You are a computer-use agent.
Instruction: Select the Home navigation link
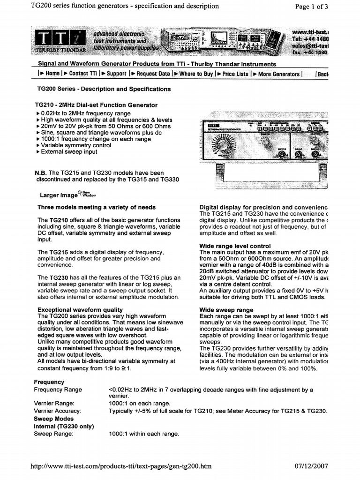(x=50, y=74)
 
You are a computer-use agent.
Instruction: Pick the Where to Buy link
(x=195, y=74)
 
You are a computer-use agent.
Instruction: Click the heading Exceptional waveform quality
(x=80, y=309)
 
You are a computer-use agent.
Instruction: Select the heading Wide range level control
(x=235, y=246)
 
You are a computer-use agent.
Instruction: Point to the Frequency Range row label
(x=58, y=390)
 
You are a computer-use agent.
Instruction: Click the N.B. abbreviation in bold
(x=41, y=173)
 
